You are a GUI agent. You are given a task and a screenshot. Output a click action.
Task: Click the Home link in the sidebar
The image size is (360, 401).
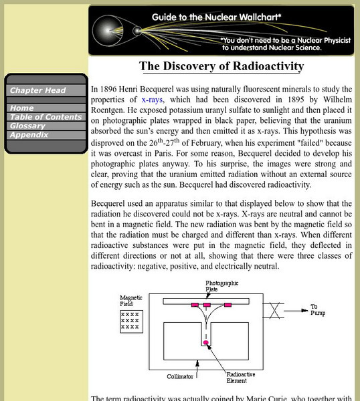(x=22, y=108)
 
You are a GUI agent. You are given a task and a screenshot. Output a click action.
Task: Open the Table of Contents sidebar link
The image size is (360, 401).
(x=45, y=117)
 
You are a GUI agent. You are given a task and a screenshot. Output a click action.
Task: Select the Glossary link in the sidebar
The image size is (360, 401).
(x=27, y=126)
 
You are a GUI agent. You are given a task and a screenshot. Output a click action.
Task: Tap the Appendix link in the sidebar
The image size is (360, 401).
(x=29, y=134)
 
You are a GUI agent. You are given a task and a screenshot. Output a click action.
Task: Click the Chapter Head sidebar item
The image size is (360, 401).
(x=37, y=90)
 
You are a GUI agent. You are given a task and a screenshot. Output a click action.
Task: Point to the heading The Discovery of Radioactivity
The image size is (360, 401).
(x=221, y=66)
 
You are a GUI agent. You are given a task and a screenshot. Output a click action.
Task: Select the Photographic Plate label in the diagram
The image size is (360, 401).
(x=221, y=286)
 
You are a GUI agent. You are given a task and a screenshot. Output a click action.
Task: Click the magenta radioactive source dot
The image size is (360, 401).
(x=206, y=343)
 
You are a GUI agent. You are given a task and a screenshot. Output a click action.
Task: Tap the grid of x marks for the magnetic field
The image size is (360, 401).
(x=130, y=320)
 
